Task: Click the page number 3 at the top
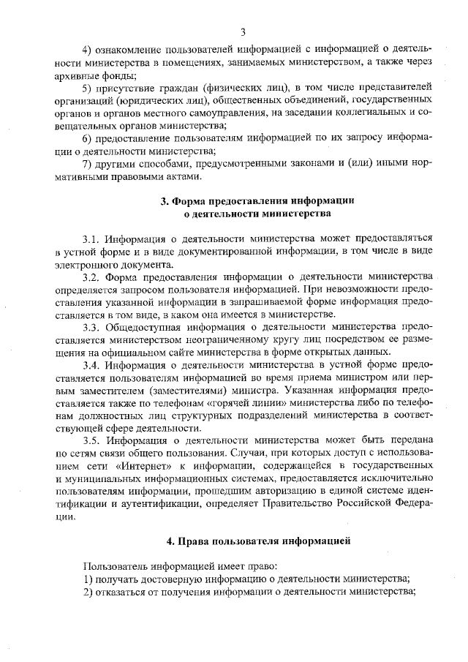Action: (x=243, y=31)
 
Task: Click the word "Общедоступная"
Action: (x=145, y=326)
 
